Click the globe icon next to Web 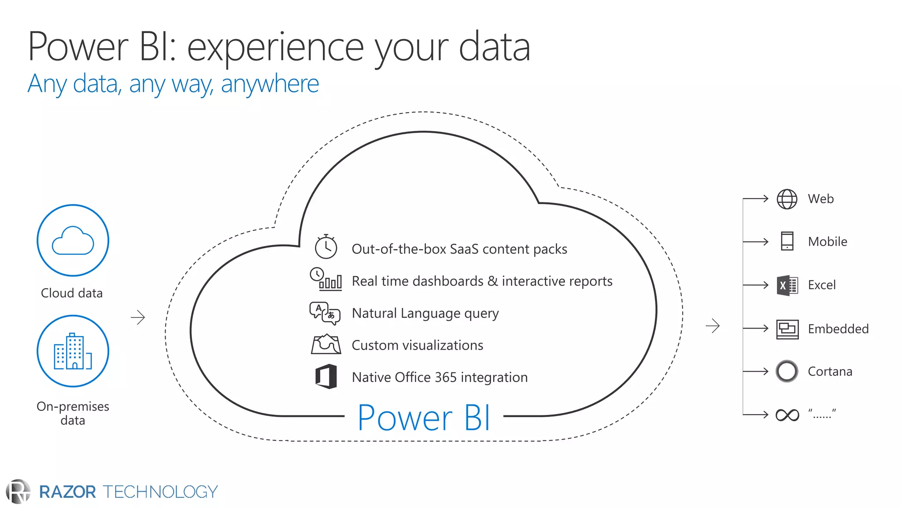pyautogui.click(x=787, y=199)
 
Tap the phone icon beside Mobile pyautogui.click(x=787, y=241)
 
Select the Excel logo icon pyautogui.click(x=787, y=285)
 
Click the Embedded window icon pyautogui.click(x=787, y=329)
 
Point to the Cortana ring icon pyautogui.click(x=787, y=371)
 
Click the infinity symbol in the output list pyautogui.click(x=787, y=415)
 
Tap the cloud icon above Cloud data pyautogui.click(x=73, y=241)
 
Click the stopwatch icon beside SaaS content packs pyautogui.click(x=326, y=247)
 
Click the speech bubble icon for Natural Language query pyautogui.click(x=325, y=313)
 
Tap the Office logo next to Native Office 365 pyautogui.click(x=326, y=377)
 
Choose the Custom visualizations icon pyautogui.click(x=326, y=344)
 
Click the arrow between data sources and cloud pyautogui.click(x=138, y=317)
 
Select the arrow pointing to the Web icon pyautogui.click(x=756, y=199)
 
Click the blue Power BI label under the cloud pyautogui.click(x=423, y=418)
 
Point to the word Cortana pyautogui.click(x=830, y=372)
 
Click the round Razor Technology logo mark pyautogui.click(x=18, y=491)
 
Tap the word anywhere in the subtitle pyautogui.click(x=270, y=84)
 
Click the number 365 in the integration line pyautogui.click(x=445, y=377)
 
